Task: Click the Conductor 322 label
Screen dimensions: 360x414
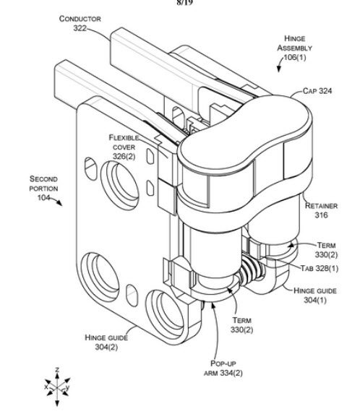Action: coord(80,23)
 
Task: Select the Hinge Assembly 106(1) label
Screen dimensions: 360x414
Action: coord(294,48)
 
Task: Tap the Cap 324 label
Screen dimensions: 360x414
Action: coord(317,91)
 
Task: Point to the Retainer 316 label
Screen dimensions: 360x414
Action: coord(321,210)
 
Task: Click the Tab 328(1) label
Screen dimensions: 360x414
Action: coord(320,269)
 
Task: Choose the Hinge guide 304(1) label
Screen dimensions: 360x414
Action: coord(315,296)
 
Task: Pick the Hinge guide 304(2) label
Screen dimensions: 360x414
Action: coord(106,342)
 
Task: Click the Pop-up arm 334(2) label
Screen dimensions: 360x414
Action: coord(223,368)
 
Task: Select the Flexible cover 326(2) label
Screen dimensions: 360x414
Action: coord(124,147)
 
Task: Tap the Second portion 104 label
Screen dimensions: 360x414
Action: coord(43,189)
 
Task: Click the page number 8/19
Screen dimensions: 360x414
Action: coord(184,3)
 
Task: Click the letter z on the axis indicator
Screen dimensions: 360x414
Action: coord(57,370)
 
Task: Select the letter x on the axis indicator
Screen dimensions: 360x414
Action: coord(46,387)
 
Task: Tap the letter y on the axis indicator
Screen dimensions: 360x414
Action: coord(67,387)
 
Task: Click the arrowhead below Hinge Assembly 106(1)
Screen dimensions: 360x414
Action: coord(279,69)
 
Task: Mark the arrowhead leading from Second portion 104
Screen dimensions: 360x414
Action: coord(60,203)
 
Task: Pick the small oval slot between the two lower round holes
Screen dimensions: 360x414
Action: coord(132,296)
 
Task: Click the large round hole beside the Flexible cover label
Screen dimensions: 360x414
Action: coord(119,185)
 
